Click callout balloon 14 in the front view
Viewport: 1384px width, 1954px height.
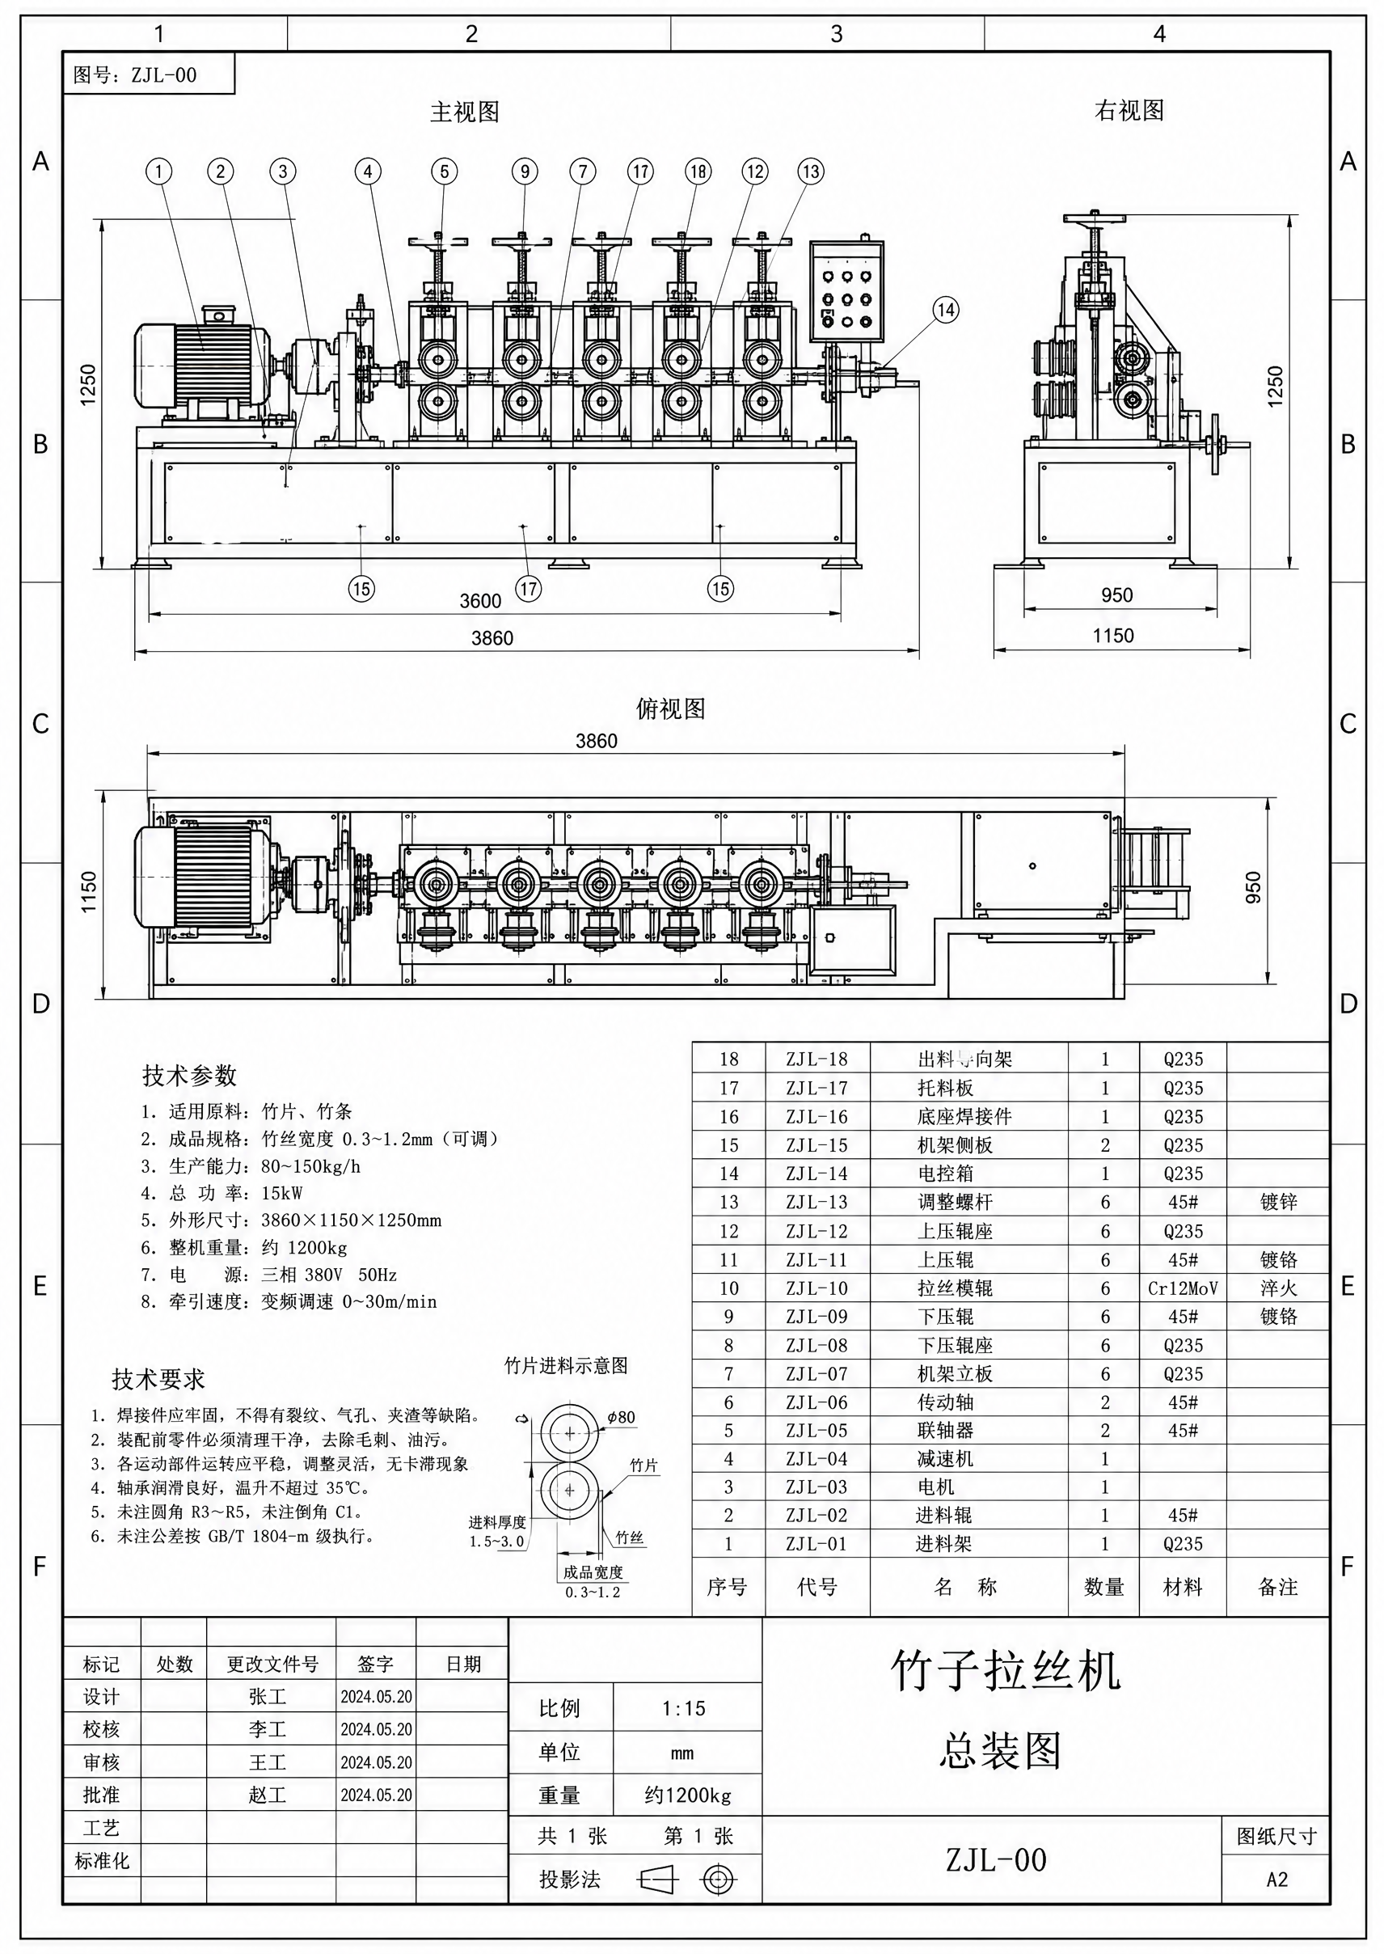[x=945, y=310]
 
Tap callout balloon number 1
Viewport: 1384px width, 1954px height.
[x=158, y=171]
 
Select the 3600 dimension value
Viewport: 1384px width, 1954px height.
[x=480, y=601]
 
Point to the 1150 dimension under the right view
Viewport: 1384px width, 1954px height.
[x=1113, y=635]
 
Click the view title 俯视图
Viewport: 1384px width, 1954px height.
[x=671, y=708]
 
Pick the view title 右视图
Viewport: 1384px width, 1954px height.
[x=1129, y=110]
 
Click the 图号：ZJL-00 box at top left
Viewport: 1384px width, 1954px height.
[x=149, y=74]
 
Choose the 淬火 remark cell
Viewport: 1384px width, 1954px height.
[x=1277, y=1288]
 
